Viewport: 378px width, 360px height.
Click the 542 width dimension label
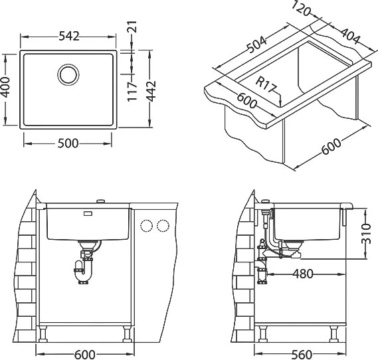click(69, 37)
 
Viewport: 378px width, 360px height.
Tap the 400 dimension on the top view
click(5, 87)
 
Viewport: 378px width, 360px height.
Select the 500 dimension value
click(68, 143)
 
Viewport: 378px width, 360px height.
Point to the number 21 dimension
click(132, 27)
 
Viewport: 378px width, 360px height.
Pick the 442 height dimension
click(151, 91)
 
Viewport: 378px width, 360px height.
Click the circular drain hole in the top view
click(68, 74)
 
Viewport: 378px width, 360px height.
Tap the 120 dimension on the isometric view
click(301, 9)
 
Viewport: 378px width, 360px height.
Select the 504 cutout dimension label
click(258, 45)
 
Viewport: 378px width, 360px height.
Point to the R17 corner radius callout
click(265, 84)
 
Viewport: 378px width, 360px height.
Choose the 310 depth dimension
click(366, 234)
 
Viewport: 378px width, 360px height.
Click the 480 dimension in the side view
click(303, 274)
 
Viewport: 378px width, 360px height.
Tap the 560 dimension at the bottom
click(302, 355)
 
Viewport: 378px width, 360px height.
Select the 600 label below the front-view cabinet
click(85, 355)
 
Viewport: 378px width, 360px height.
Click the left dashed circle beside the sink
click(147, 226)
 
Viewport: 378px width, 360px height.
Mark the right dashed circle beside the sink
click(163, 226)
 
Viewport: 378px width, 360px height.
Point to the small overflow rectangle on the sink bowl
click(88, 213)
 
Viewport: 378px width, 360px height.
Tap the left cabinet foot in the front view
click(43, 334)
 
